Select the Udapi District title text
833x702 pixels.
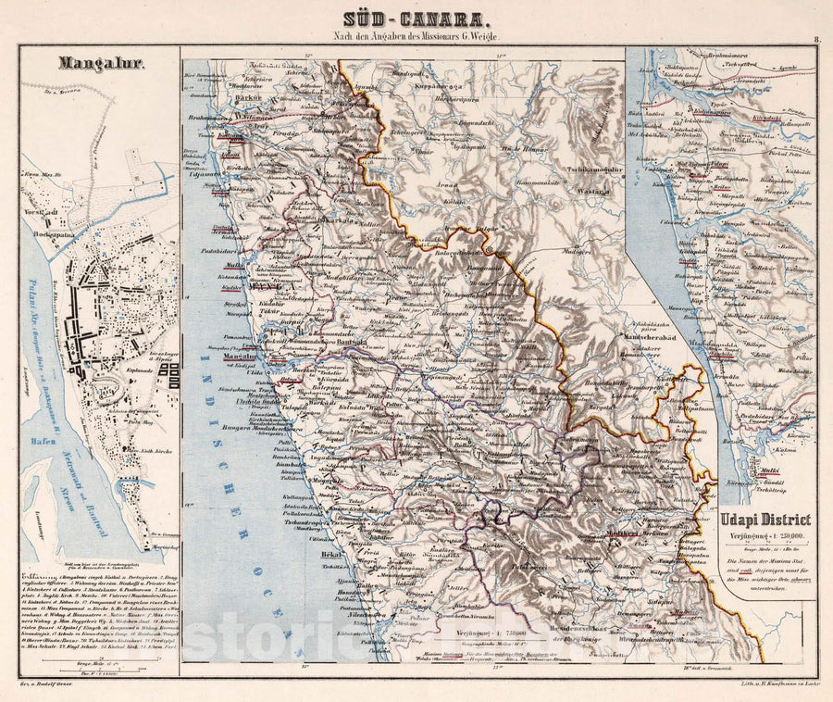pos(765,520)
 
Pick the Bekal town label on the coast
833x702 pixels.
pos(319,548)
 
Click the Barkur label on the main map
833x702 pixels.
pos(222,95)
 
